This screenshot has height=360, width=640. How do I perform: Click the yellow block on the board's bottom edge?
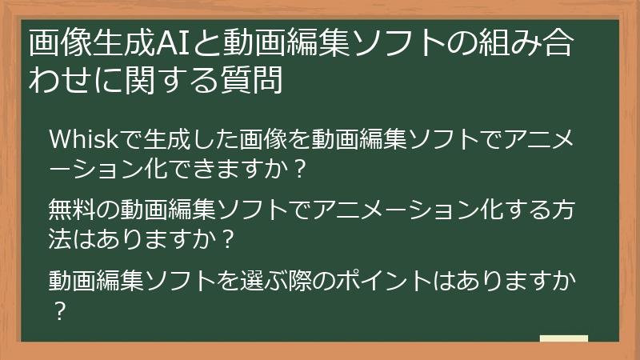tap(563, 338)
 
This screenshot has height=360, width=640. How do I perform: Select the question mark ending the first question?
tap(298, 170)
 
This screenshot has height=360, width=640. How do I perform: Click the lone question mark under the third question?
tap(58, 310)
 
